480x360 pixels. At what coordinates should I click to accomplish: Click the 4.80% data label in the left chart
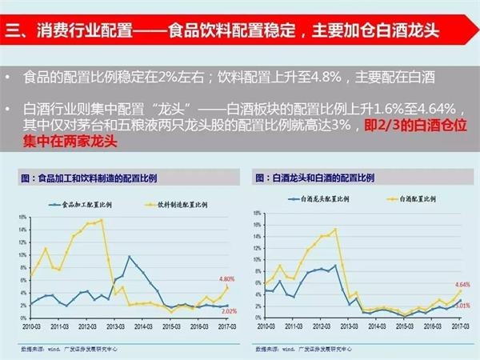click(x=223, y=278)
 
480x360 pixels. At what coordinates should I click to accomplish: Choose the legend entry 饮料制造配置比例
click(x=172, y=204)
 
